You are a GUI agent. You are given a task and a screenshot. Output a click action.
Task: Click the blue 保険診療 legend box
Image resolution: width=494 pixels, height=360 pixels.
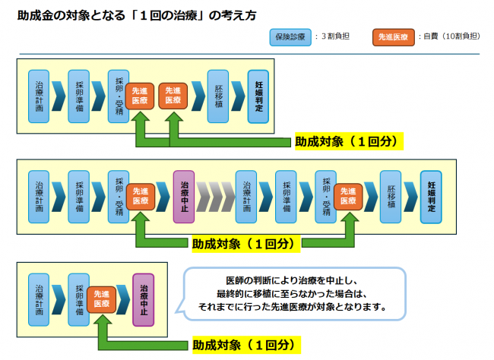pyautogui.click(x=289, y=36)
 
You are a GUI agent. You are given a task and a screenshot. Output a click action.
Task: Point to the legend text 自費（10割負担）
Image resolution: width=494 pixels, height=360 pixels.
pyautogui.click(x=451, y=36)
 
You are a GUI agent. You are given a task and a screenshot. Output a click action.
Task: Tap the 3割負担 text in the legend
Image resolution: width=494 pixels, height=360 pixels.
pyautogui.click(x=337, y=36)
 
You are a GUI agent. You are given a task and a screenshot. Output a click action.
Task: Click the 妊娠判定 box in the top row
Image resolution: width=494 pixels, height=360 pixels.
pyautogui.click(x=259, y=96)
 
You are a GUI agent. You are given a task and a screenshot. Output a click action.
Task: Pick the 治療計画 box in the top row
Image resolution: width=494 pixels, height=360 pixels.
pyautogui.click(x=39, y=96)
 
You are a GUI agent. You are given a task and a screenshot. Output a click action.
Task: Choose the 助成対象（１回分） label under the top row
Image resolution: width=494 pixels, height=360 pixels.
pyautogui.click(x=347, y=141)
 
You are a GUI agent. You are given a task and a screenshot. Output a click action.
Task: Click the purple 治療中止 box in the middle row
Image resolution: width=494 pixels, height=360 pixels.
pyautogui.click(x=184, y=197)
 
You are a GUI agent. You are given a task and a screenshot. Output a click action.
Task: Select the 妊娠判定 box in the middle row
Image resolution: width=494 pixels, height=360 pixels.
pyautogui.click(x=431, y=197)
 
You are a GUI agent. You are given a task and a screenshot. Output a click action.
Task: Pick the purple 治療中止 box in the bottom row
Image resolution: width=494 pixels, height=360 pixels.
pyautogui.click(x=143, y=298)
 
